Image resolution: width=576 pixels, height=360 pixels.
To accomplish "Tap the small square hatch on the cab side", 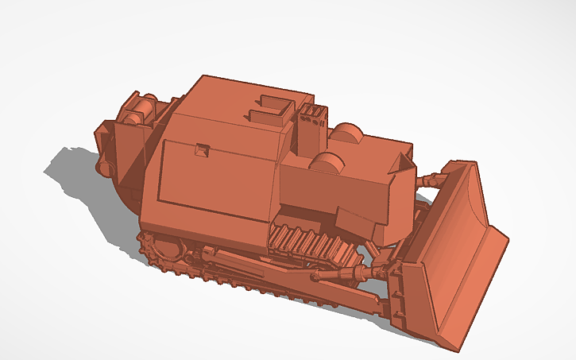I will click(x=203, y=149).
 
